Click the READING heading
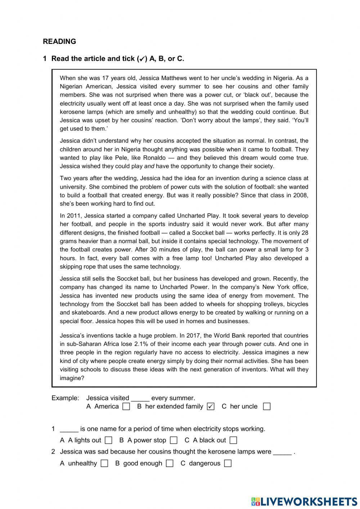[59, 41]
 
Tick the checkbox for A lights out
[108, 440]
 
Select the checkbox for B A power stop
[174, 440]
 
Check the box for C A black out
[233, 440]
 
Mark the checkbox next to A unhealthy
[104, 463]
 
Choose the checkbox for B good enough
[170, 463]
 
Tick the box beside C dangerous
[228, 463]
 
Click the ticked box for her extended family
[211, 406]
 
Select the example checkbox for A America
[126, 406]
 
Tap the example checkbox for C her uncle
[266, 406]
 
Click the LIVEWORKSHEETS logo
[304, 501]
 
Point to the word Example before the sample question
[65, 398]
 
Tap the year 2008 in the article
[301, 195]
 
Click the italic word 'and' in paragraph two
[149, 166]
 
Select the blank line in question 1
[69, 429]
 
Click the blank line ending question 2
[282, 452]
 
